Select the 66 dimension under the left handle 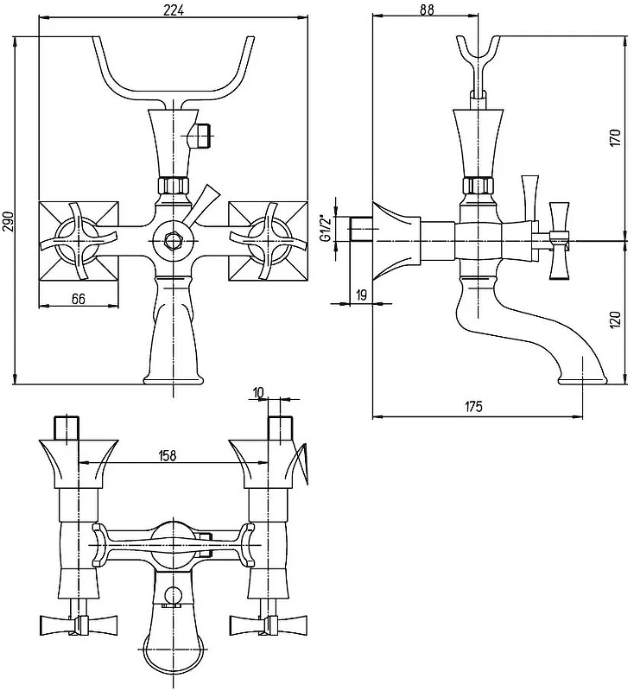coord(78,299)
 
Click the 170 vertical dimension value coord(615,137)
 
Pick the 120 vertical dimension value coord(615,320)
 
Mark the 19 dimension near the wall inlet coord(362,295)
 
